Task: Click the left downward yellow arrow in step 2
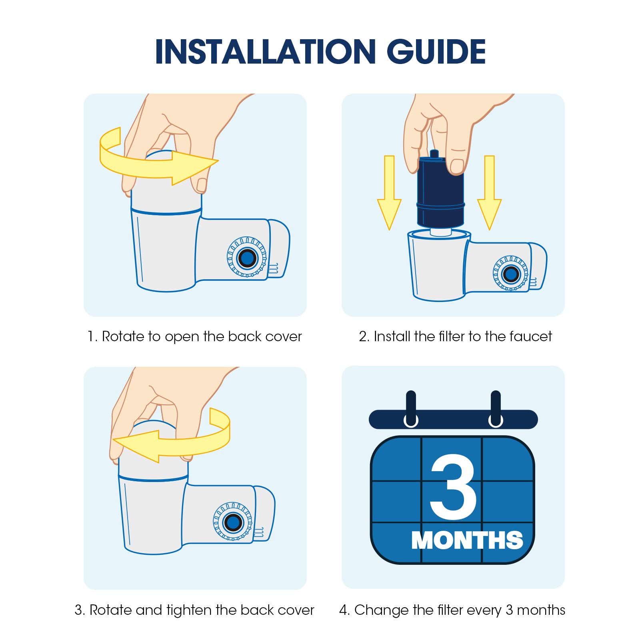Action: pos(389,193)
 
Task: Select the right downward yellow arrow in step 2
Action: pos(489,193)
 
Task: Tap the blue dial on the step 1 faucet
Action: pos(247,257)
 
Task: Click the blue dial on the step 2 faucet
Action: pos(511,274)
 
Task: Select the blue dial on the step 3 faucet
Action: pos(233,522)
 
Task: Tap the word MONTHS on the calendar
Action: pos(467,540)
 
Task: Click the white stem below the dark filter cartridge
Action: pos(440,232)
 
